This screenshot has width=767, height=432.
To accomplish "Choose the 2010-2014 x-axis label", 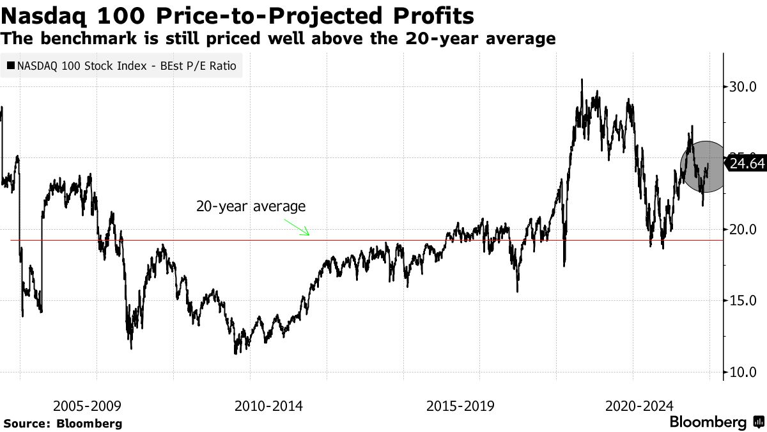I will click(x=268, y=406).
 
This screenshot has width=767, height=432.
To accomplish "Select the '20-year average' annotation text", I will click(x=251, y=207).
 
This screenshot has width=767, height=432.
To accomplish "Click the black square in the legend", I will click(x=11, y=65).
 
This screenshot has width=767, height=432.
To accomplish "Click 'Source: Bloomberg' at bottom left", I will click(x=63, y=423).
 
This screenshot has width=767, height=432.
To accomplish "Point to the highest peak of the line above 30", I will click(x=582, y=80).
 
